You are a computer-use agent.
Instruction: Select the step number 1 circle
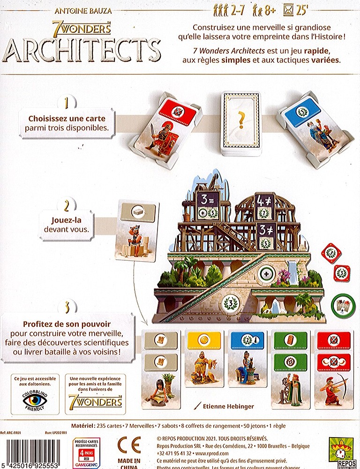click(x=68, y=102)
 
